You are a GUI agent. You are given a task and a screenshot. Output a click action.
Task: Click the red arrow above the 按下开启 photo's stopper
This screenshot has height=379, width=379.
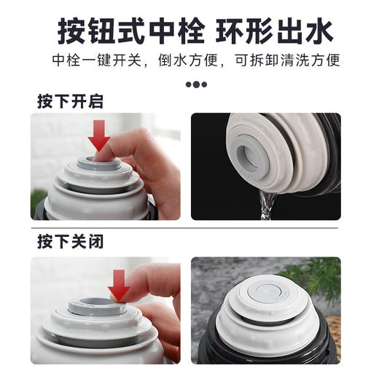(100, 136)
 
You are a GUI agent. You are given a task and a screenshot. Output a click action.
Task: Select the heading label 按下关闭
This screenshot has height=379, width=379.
(70, 242)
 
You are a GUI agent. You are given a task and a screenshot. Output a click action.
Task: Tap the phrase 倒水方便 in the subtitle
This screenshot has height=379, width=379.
(191, 60)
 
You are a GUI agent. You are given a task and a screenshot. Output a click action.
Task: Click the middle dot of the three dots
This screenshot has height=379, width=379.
(196, 84)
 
